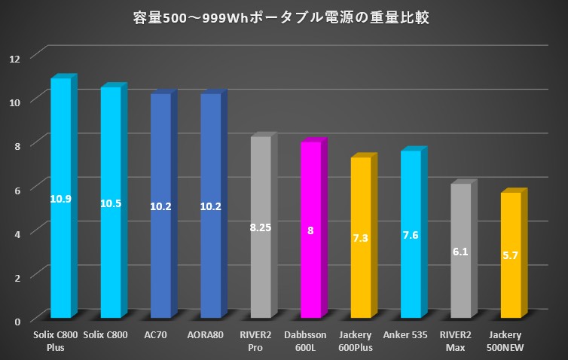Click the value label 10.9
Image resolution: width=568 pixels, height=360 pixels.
click(60, 199)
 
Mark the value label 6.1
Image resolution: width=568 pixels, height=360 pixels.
click(461, 252)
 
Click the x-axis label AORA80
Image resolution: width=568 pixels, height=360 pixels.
click(210, 334)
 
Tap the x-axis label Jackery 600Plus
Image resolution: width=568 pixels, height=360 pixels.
click(361, 340)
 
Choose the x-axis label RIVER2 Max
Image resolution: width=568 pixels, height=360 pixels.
click(460, 340)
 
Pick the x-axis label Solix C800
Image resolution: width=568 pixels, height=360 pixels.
click(106, 334)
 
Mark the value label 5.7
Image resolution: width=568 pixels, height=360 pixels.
click(511, 256)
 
